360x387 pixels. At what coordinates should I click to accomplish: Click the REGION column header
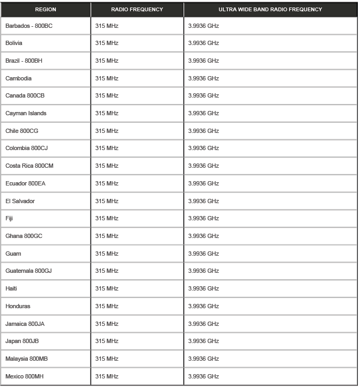[x=45, y=10]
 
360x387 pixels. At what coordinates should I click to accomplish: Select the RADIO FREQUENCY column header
[x=137, y=10]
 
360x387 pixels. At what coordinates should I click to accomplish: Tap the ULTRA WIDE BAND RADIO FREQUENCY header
[x=270, y=10]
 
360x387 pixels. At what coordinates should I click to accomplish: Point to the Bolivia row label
[x=14, y=43]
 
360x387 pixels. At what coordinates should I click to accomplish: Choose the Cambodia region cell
[x=18, y=78]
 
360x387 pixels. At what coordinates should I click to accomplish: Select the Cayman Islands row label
[x=26, y=113]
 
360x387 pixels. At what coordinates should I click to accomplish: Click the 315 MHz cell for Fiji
[x=107, y=218]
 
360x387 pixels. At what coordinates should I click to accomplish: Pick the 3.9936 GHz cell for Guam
[x=203, y=254]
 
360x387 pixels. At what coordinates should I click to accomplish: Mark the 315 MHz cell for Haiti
[x=107, y=288]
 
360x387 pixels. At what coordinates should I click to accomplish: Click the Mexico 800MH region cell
[x=25, y=376]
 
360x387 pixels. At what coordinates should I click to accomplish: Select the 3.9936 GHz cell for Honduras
[x=203, y=306]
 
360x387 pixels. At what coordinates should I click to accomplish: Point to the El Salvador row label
[x=20, y=201]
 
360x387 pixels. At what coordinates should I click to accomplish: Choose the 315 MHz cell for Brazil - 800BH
[x=107, y=61]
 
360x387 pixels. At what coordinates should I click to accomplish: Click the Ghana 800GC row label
[x=24, y=236]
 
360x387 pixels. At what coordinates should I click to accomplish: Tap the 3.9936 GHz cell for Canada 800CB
[x=203, y=95]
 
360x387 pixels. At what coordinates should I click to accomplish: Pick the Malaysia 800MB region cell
[x=27, y=359]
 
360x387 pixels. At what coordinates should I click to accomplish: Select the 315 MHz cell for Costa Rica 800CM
[x=107, y=166]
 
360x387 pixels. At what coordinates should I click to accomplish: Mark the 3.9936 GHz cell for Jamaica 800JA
[x=203, y=324]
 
